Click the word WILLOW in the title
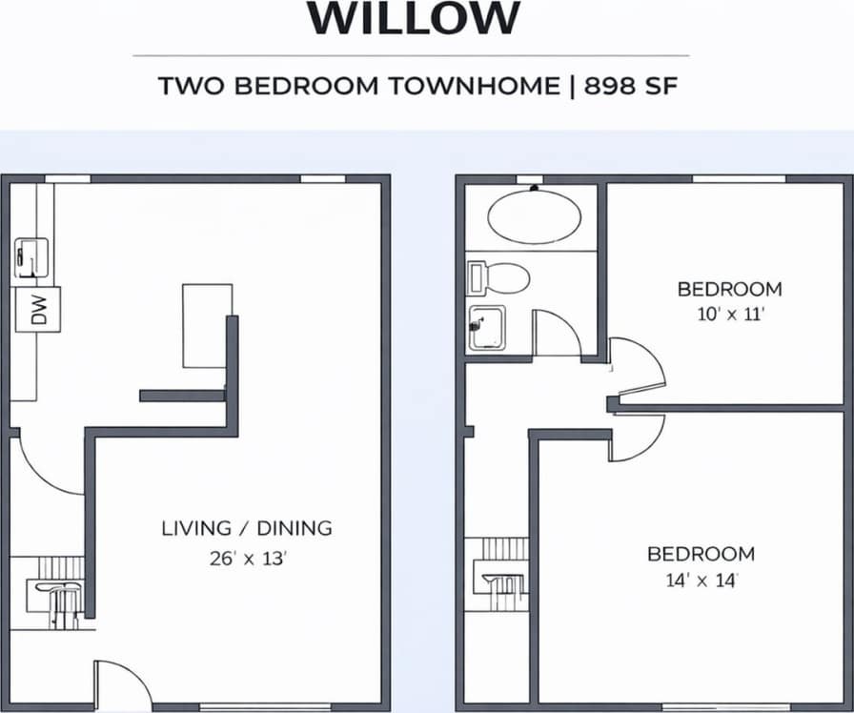415,19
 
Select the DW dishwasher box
39,309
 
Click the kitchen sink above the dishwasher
30,258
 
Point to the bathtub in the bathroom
534,216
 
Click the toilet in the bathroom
499,277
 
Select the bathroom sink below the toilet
486,328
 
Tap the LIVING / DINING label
246,527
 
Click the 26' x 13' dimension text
248,560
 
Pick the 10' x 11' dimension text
729,315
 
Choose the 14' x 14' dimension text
701,581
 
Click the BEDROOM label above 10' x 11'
729,289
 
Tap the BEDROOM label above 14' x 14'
701,554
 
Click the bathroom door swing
555,334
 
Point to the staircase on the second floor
500,572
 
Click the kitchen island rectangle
206,325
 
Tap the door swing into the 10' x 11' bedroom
637,367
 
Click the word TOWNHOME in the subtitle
475,86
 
